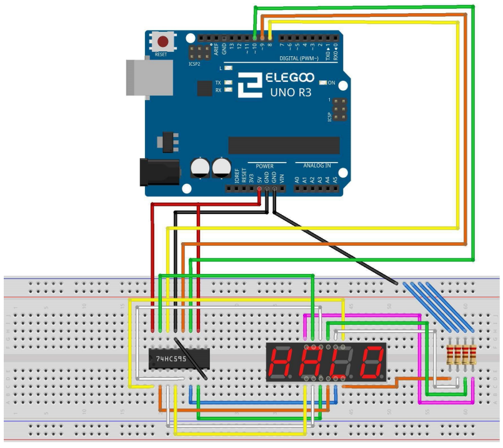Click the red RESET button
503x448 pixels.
[163, 42]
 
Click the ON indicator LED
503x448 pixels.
[323, 83]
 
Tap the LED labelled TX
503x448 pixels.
[228, 83]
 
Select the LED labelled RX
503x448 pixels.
[228, 90]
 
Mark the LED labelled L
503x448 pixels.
[228, 67]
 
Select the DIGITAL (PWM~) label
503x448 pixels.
[299, 58]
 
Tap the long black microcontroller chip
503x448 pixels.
[284, 145]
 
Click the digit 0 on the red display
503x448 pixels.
[372, 362]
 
